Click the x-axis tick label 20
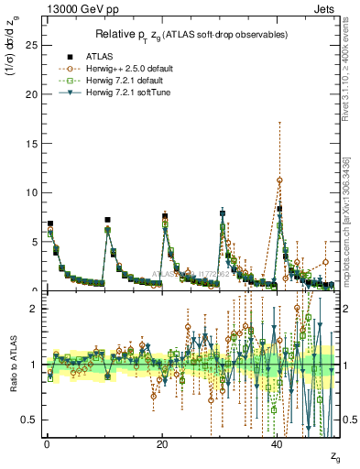pyautogui.click(x=162, y=443)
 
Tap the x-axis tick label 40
pyautogui.click(x=278, y=443)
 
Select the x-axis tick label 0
pyautogui.click(x=47, y=443)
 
